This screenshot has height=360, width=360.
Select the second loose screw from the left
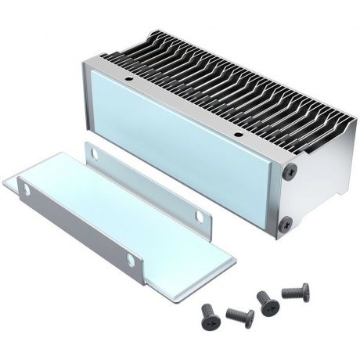[x=239, y=317]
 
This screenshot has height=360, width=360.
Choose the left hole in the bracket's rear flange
[x=92, y=153]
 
